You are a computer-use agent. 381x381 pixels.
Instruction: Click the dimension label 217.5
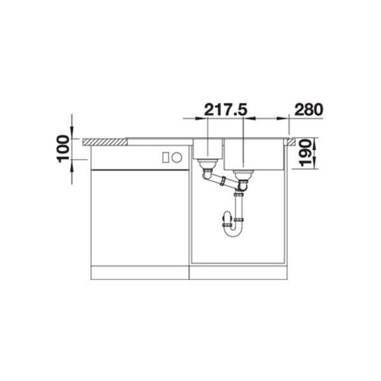pos(225,110)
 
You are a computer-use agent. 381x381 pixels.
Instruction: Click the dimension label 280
pos(309,110)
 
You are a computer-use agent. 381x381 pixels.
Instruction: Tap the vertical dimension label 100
pos(63,149)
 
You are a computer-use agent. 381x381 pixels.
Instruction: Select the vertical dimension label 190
pos(305,153)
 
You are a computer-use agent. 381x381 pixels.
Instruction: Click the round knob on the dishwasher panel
pos(177,157)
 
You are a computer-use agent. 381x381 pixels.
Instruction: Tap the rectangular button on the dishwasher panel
pos(166,157)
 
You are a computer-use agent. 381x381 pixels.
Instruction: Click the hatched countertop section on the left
pos(105,142)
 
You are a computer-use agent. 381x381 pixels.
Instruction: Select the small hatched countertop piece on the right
pos(291,142)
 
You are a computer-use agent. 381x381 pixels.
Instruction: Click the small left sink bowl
pos(208,149)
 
